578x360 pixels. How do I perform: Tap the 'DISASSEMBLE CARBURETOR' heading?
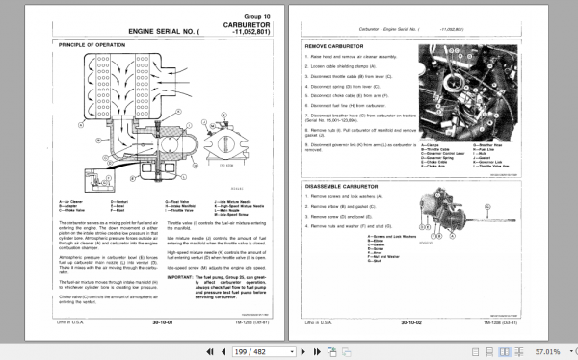(346, 157)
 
